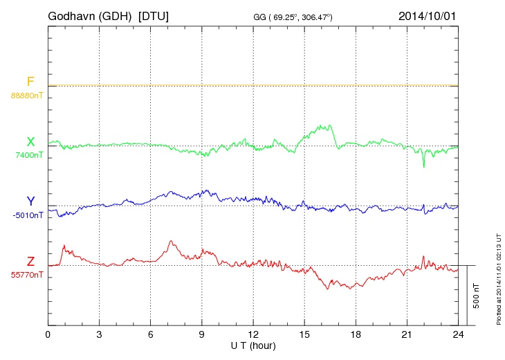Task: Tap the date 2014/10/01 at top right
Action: pos(427,15)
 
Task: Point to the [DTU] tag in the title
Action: pos(154,15)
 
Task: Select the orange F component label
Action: pos(30,82)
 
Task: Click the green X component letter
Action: pos(30,142)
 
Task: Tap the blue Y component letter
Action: pos(30,201)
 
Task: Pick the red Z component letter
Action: pos(30,261)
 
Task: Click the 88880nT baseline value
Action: pos(27,96)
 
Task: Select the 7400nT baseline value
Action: pos(29,155)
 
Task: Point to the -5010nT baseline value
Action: pos(28,215)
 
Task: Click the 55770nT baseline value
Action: pos(27,275)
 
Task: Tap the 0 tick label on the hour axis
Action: pos(48,335)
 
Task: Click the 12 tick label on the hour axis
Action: pos(253,335)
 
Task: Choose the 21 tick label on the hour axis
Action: pos(407,335)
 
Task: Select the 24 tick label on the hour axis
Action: pos(458,335)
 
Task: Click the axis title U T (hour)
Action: pos(253,345)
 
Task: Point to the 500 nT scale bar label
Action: pos(477,296)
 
